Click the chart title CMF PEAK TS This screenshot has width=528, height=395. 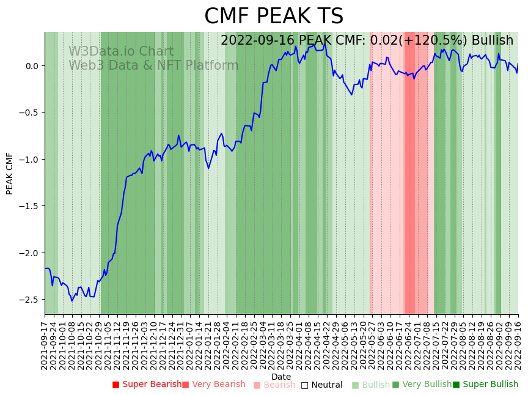point(274,17)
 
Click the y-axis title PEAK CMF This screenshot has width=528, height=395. point(10,174)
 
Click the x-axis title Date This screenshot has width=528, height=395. point(281,377)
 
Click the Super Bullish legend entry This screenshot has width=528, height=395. point(485,385)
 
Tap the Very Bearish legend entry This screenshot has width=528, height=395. point(213,385)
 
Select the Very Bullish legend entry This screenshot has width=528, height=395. point(421,385)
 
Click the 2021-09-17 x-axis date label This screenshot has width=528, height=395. point(45,345)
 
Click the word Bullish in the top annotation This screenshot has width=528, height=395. point(492,40)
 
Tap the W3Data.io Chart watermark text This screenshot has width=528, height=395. point(121,52)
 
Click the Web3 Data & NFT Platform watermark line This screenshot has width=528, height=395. point(153,65)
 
